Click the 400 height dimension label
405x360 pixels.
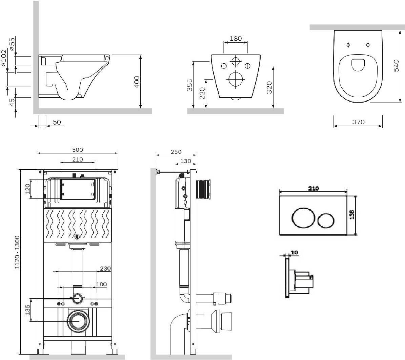(137, 82)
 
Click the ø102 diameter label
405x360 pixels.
(4, 58)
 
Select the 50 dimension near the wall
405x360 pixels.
(57, 122)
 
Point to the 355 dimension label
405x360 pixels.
(189, 85)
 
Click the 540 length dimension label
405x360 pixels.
(397, 66)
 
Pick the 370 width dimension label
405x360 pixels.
(358, 122)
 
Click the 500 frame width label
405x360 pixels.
(78, 150)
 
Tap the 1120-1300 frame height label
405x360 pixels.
(17, 252)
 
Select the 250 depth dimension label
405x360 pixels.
(176, 152)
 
